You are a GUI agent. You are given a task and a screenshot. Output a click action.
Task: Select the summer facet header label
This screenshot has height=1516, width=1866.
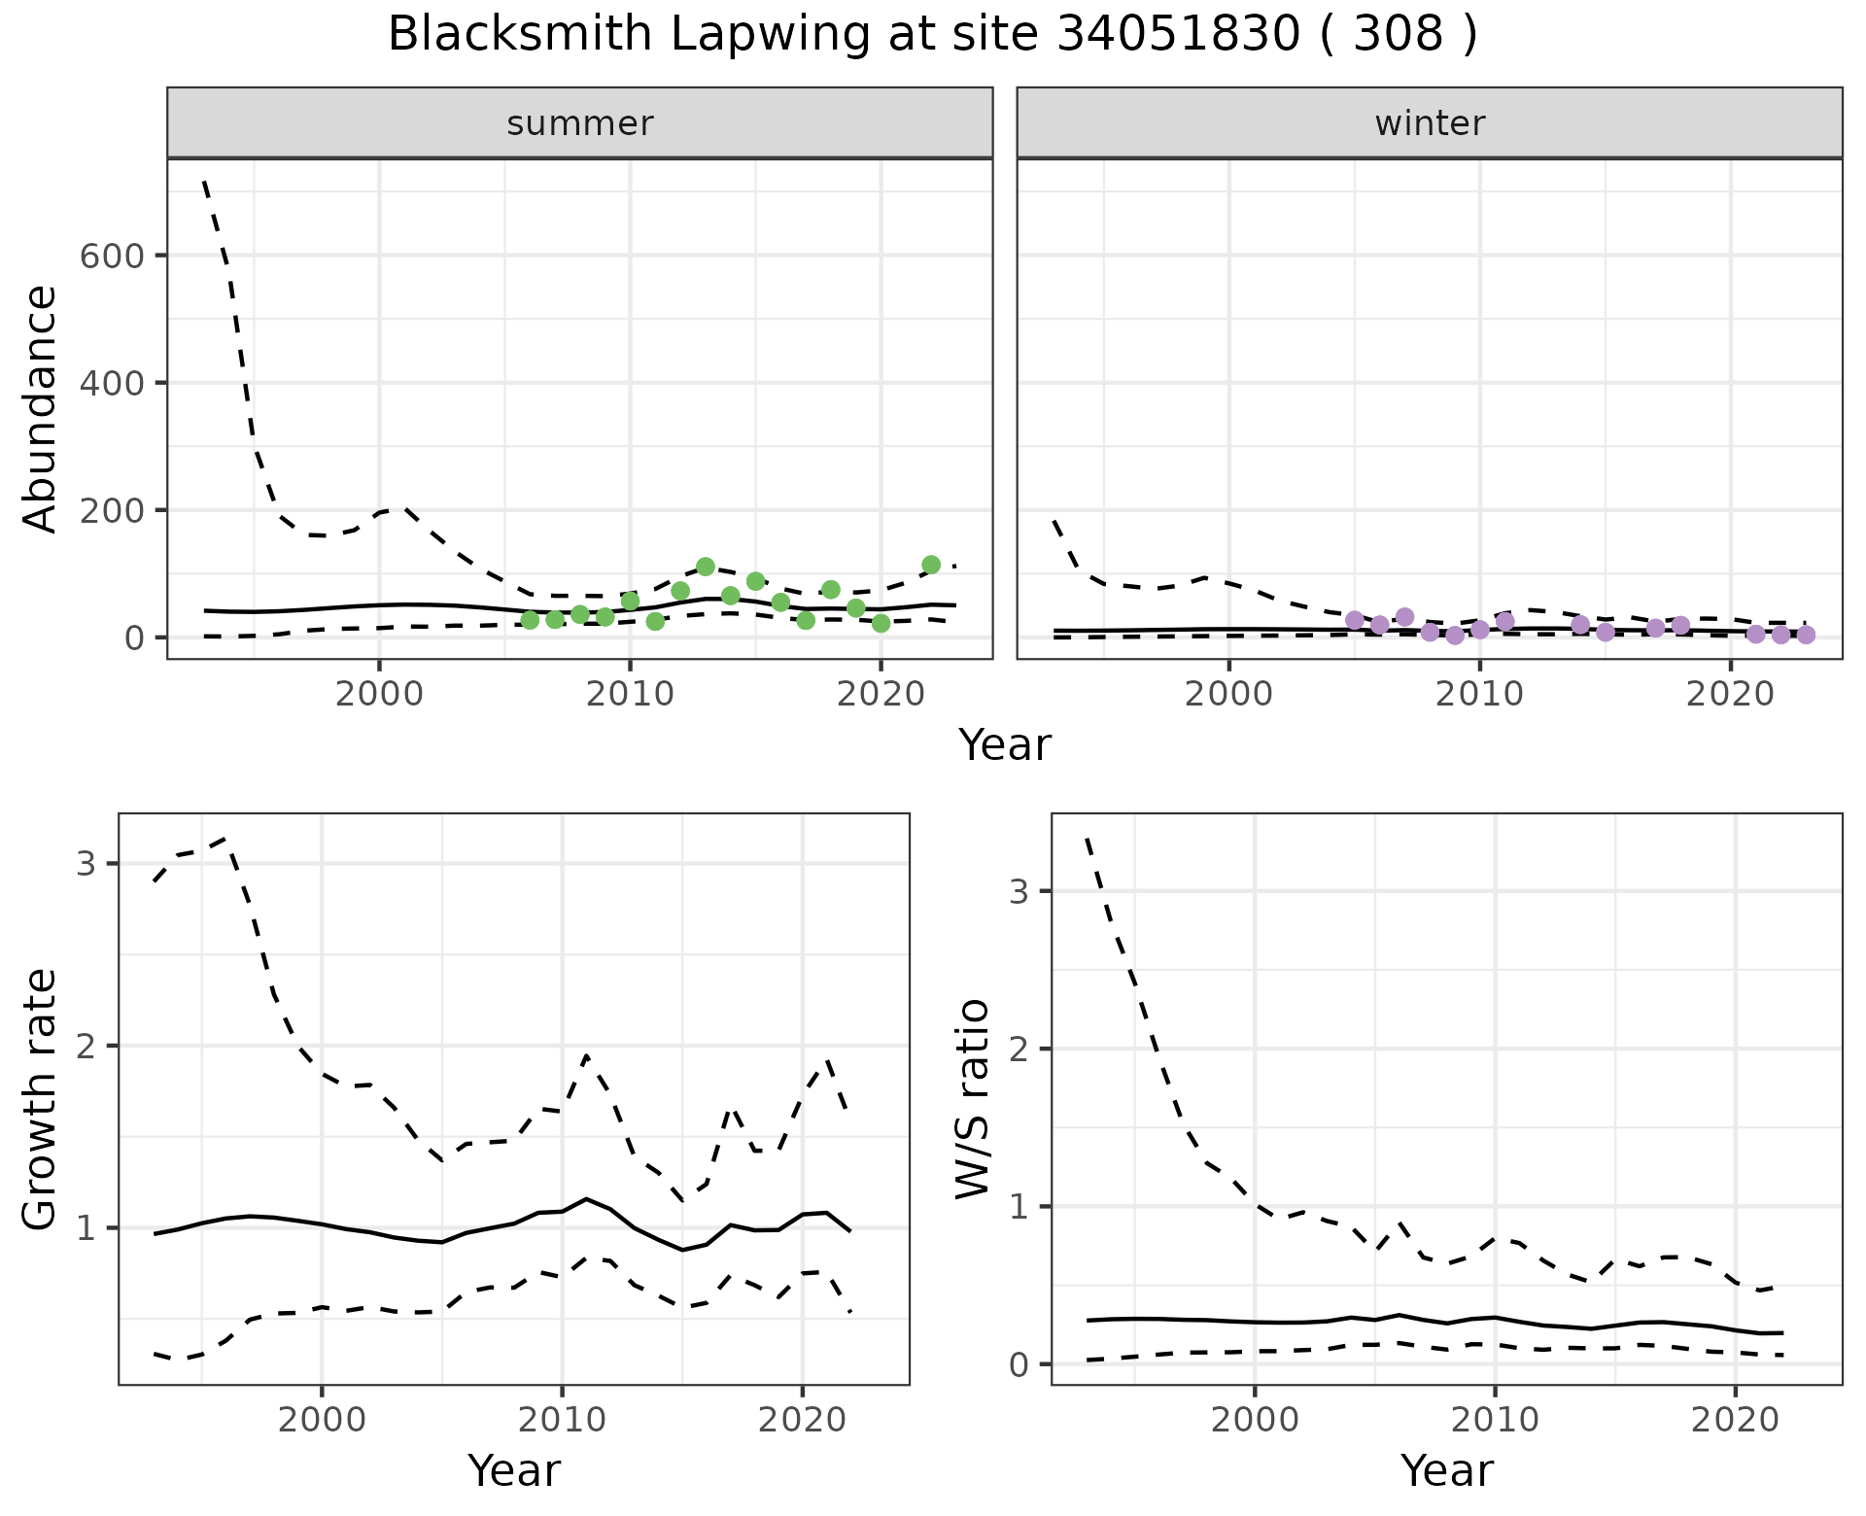point(579,123)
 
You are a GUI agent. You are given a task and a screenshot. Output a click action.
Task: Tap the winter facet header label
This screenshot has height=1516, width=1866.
point(1429,123)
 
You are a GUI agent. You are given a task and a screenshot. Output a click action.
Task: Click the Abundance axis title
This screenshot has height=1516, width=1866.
point(41,408)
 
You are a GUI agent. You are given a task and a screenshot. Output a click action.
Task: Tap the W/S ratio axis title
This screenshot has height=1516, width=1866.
point(973,1098)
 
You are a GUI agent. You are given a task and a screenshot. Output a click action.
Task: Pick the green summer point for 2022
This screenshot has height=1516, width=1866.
point(931,565)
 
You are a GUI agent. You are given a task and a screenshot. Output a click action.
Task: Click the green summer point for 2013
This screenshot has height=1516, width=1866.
point(706,567)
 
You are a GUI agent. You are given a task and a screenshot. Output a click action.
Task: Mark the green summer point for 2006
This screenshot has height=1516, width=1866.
point(530,620)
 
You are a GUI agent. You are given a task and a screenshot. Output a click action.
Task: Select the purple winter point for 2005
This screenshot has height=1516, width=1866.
point(1355,620)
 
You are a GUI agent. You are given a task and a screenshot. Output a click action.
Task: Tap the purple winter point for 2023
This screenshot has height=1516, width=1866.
point(1806,635)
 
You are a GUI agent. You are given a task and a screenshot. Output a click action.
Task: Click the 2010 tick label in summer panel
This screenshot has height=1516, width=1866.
point(630,695)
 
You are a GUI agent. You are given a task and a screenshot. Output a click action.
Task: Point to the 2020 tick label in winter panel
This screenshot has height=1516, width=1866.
point(1730,695)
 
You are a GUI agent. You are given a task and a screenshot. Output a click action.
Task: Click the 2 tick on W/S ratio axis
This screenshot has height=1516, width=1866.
point(1019,1049)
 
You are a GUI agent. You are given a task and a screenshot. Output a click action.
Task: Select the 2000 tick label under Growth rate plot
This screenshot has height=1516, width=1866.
point(322,1420)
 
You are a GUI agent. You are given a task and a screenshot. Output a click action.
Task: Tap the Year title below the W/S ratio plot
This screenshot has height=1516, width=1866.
point(1446,1471)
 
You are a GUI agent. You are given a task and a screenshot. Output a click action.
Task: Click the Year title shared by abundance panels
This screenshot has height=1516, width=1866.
point(1005,745)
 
